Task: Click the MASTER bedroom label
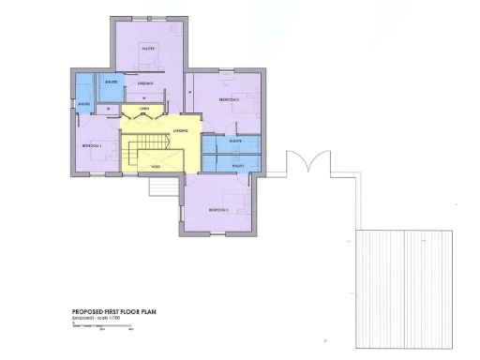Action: pos(146,46)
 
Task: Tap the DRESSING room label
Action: pos(145,84)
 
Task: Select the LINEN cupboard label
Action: pos(144,110)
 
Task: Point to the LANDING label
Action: pos(181,130)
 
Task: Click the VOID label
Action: pos(156,168)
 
